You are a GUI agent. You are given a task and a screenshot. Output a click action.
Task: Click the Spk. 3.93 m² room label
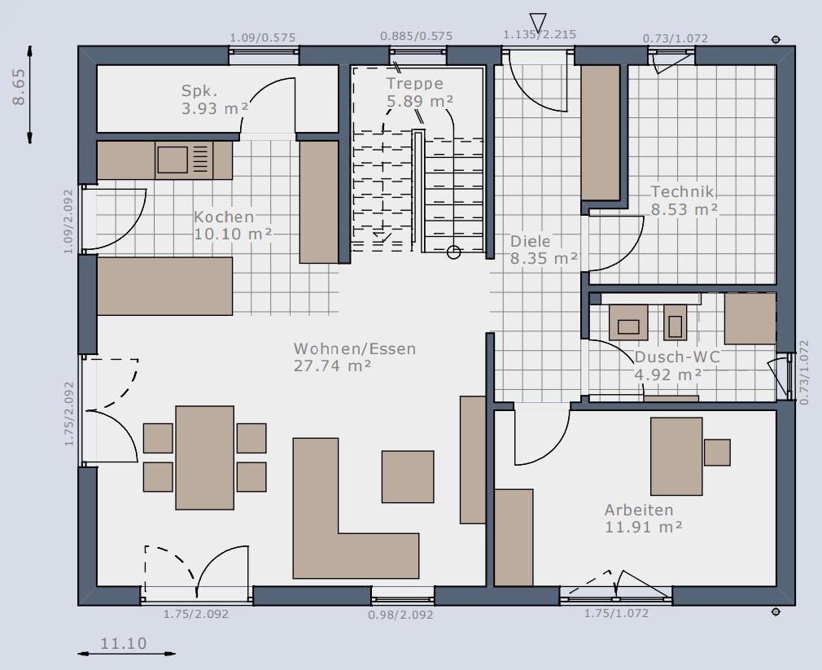[215, 99]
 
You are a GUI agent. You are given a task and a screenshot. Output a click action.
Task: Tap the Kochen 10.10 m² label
[233, 226]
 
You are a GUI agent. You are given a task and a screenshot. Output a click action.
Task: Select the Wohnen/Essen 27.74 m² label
[355, 357]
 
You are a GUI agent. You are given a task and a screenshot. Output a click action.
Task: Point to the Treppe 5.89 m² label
[420, 92]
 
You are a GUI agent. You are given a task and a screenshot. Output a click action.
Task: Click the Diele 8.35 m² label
[544, 250]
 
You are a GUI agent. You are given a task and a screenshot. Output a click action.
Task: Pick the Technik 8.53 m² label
[684, 200]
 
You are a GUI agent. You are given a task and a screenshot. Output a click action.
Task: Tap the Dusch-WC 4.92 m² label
[677, 366]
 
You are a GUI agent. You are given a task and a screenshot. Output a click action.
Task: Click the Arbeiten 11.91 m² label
[644, 518]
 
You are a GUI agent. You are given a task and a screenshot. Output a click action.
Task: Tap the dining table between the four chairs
[204, 458]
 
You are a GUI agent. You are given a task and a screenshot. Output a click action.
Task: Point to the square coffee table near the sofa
[408, 476]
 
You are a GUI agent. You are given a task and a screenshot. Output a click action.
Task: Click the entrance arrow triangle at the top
[538, 23]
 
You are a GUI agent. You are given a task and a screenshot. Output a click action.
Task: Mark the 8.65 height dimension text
[19, 87]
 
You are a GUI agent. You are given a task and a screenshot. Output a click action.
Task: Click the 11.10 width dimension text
[124, 643]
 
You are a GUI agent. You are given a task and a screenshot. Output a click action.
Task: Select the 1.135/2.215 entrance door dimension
[540, 35]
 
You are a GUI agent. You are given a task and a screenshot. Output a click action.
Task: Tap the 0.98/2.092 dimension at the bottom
[400, 615]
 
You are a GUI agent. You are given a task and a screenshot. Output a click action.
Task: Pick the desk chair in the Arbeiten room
[717, 453]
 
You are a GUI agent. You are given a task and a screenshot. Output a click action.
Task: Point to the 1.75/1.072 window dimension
[617, 613]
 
